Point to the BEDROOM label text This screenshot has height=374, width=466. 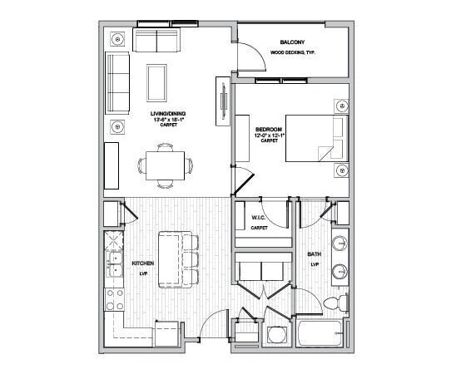pos(268,129)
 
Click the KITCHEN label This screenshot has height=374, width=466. pos(143,264)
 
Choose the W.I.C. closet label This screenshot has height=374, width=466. pos(258,219)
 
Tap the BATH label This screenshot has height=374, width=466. pos(314,254)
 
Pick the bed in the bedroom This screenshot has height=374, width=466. pos(315,135)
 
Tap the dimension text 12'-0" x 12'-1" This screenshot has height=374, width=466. pos(268,135)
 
